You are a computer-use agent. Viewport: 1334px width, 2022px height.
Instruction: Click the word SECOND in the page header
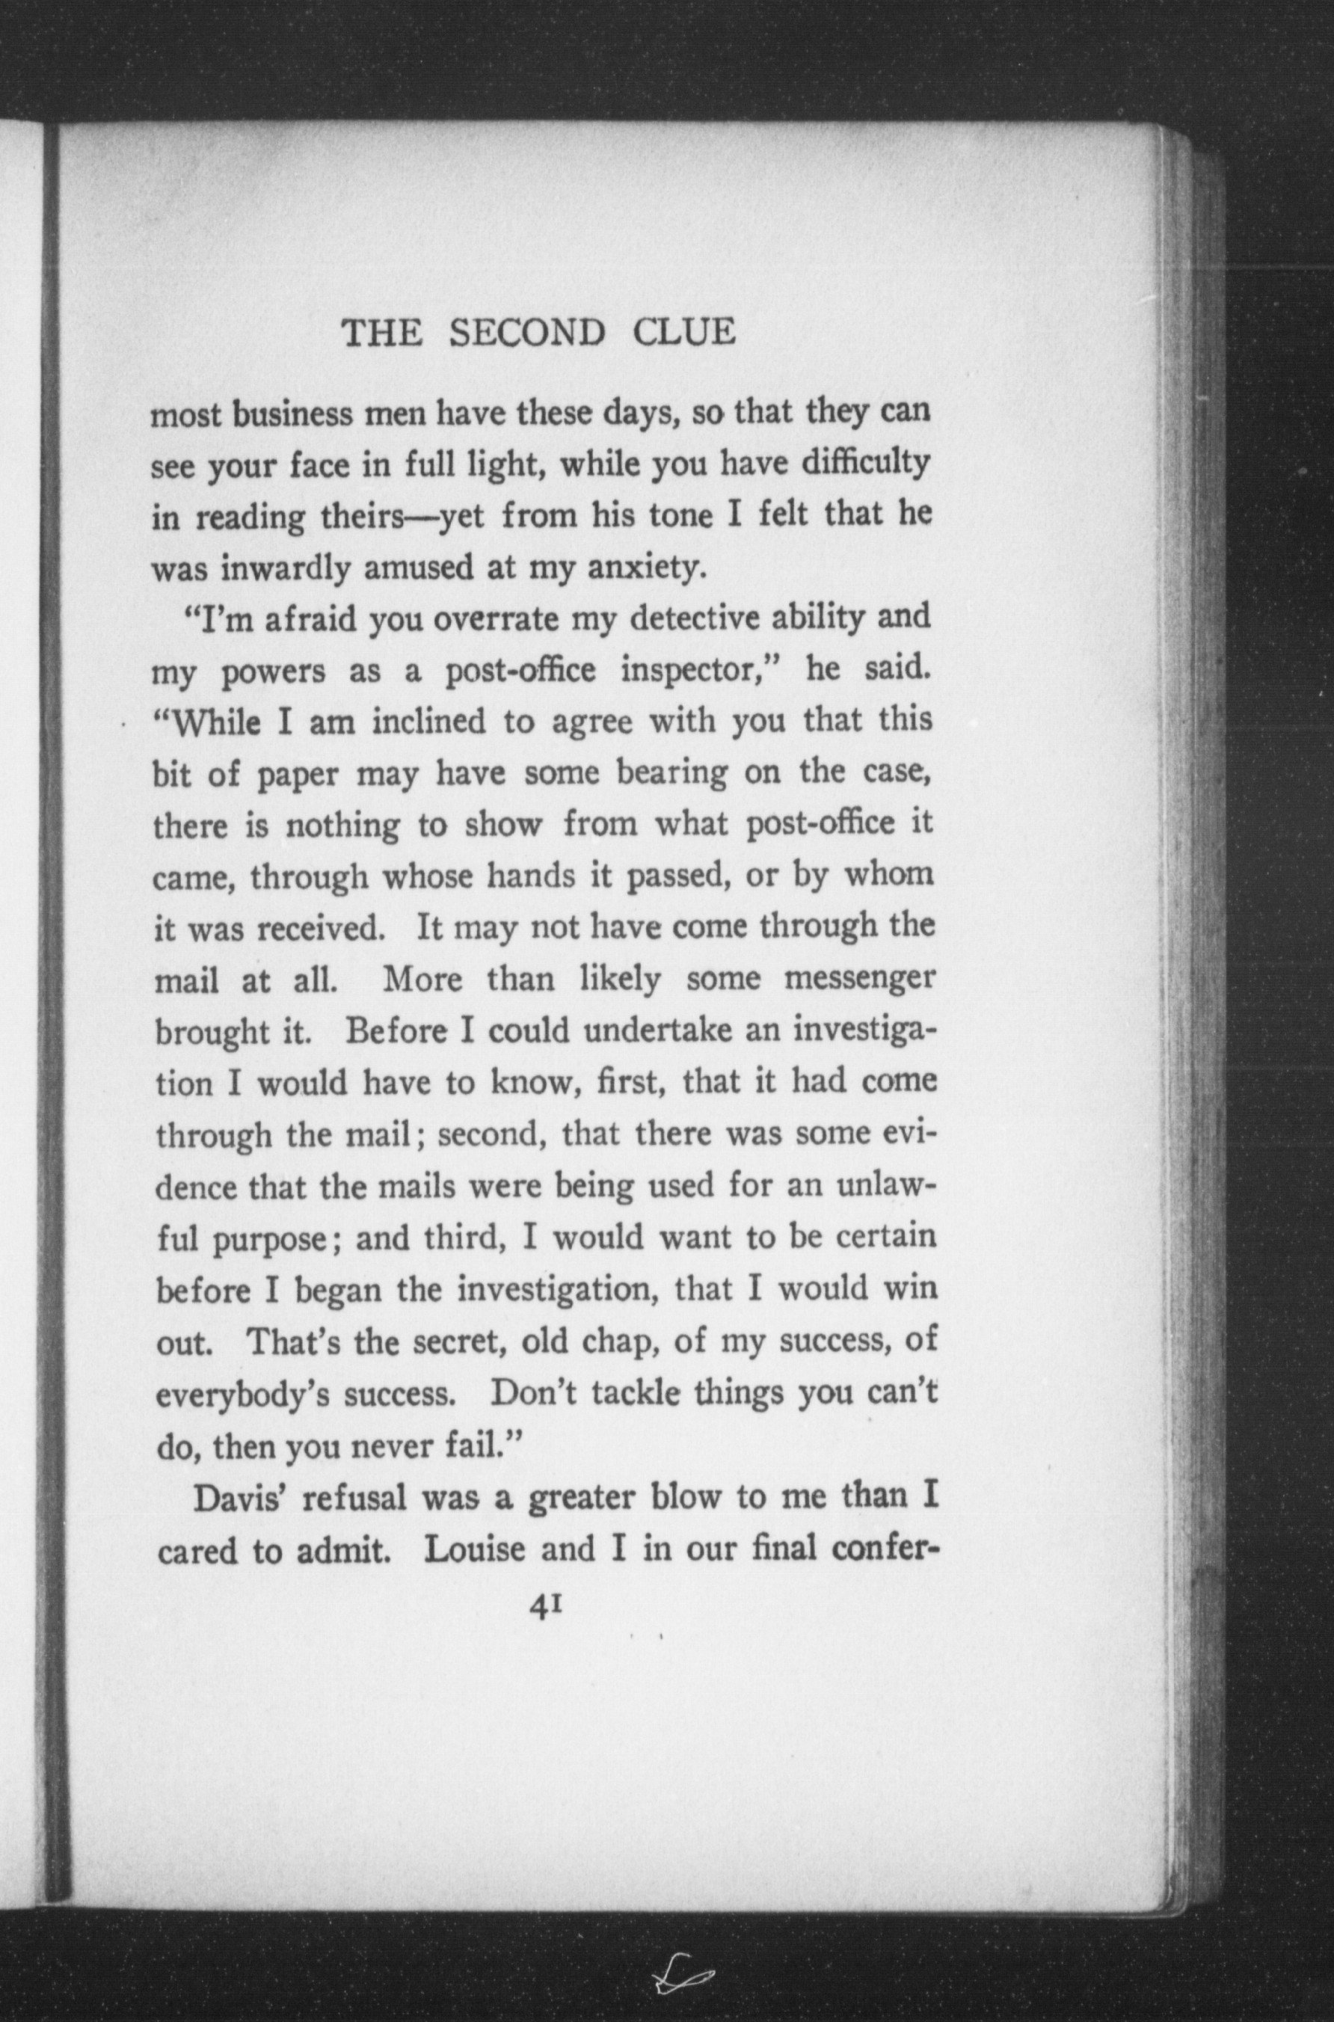tap(526, 333)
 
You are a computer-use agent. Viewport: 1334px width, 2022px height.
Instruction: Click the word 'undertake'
tap(660, 1031)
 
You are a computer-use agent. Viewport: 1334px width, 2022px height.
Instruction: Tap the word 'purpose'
tap(271, 1239)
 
